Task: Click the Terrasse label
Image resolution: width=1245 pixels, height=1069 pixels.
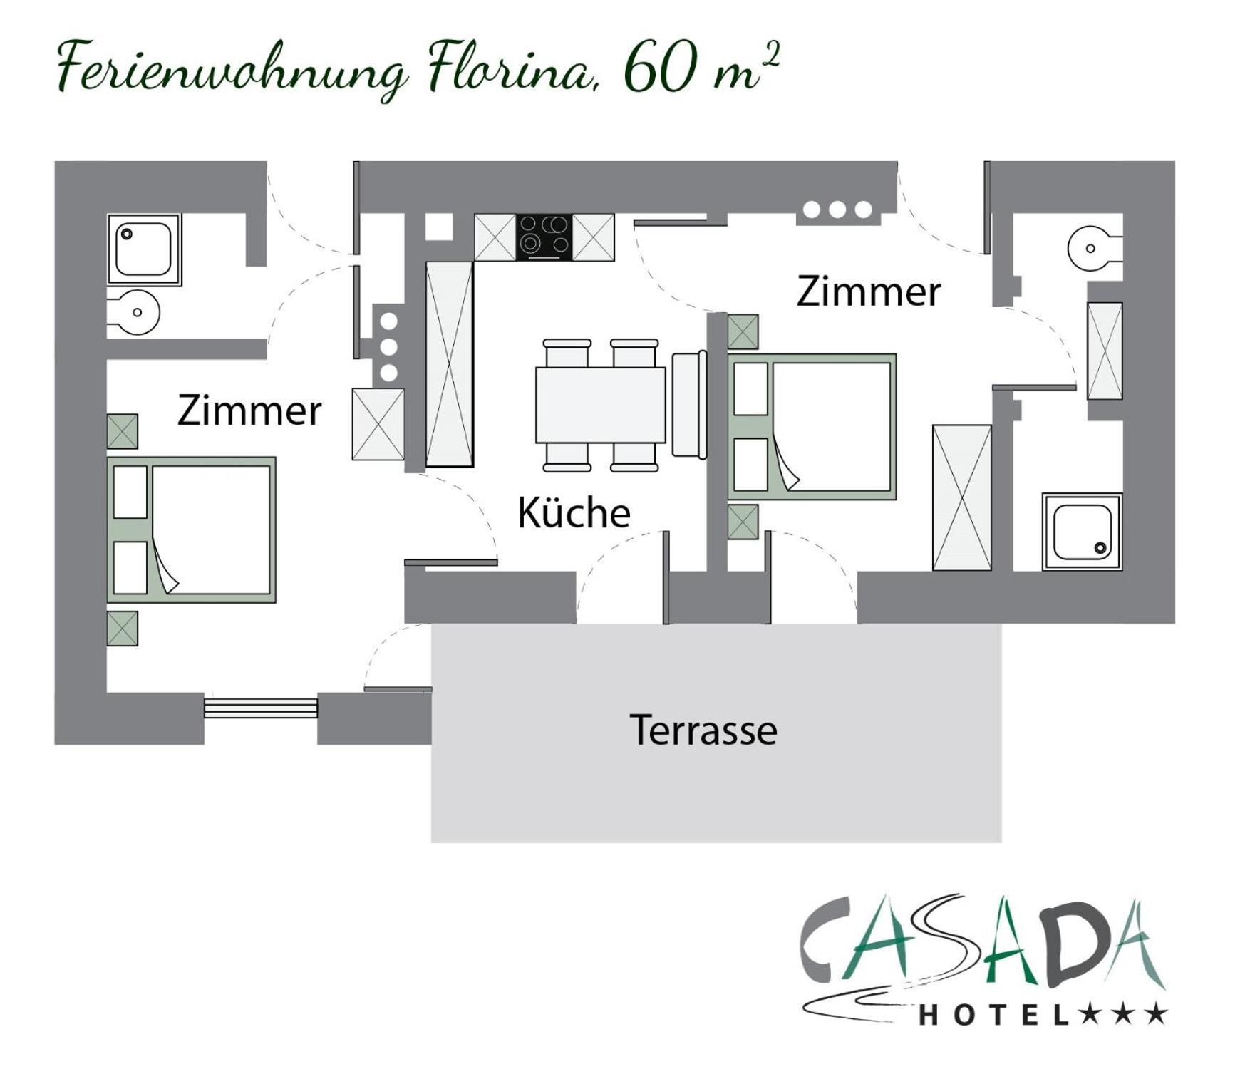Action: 703,730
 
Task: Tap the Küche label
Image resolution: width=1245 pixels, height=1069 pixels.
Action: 574,512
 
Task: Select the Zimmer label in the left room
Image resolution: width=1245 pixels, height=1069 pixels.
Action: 249,410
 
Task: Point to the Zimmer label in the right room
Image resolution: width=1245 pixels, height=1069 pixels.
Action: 869,291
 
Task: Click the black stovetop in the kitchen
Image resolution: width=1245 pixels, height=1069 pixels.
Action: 544,237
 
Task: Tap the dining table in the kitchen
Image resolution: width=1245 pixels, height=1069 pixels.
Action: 600,405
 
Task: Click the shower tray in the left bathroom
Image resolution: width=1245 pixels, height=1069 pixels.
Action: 144,249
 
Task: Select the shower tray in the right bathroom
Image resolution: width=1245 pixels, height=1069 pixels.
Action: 1082,532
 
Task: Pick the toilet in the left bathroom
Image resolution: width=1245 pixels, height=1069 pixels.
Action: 133,312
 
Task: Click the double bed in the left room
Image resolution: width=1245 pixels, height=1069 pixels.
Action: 191,530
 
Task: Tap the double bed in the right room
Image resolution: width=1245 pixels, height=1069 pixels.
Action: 812,427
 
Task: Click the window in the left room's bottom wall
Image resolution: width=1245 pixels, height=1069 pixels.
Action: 261,707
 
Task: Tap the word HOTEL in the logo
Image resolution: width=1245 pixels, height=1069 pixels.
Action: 994,1015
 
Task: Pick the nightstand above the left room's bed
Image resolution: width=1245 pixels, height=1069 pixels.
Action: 122,431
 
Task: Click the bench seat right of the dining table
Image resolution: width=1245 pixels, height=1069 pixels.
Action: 689,404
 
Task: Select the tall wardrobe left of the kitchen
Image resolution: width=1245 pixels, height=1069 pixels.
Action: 449,364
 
